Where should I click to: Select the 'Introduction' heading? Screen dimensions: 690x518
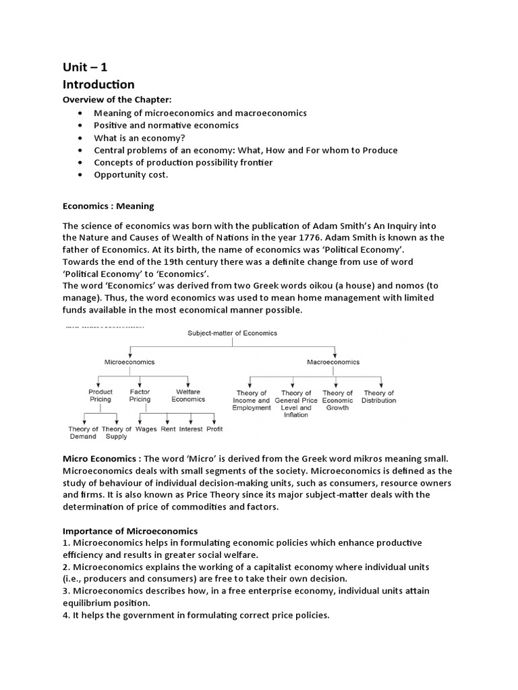point(98,84)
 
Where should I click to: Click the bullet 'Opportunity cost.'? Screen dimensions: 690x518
point(131,174)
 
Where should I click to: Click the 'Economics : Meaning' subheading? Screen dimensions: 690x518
point(109,206)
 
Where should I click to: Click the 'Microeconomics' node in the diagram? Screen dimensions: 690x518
point(129,362)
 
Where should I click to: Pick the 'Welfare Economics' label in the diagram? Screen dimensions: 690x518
point(188,396)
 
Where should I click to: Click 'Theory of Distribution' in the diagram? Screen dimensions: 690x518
point(379,396)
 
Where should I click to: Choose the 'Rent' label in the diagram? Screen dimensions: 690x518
point(168,429)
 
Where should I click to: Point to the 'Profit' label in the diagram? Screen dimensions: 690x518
point(214,429)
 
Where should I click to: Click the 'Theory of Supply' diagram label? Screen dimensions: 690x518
point(117,433)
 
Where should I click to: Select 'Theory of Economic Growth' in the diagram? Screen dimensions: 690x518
point(337,400)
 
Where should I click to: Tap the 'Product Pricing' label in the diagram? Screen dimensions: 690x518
point(100,396)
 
